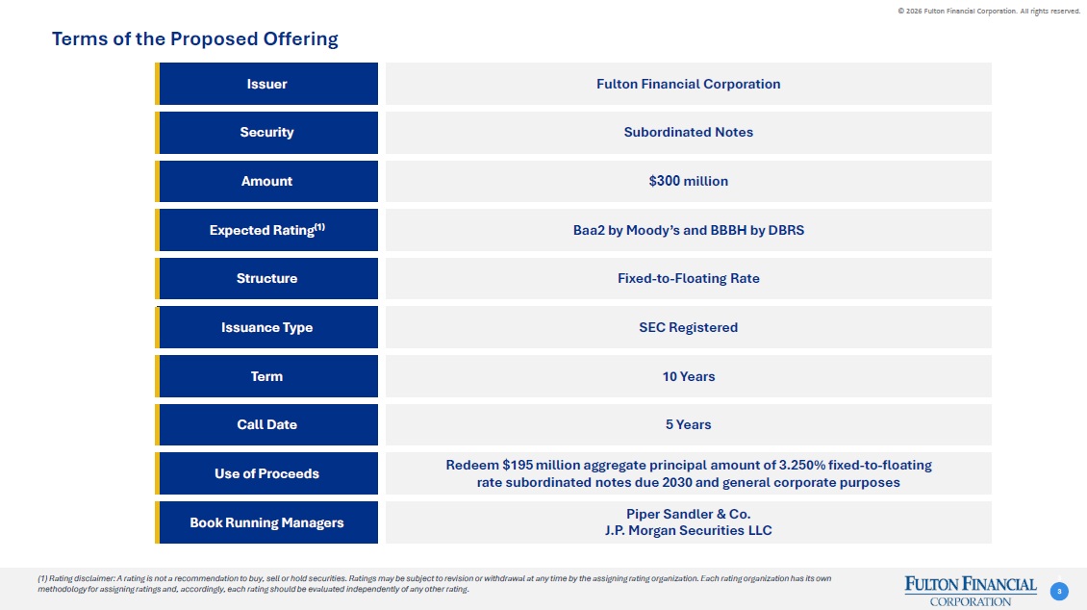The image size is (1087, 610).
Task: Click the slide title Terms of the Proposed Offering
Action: (x=195, y=38)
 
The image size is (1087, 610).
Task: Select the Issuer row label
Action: (x=266, y=84)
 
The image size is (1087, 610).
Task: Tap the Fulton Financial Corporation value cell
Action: (x=689, y=84)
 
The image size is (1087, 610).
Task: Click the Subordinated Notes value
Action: (x=689, y=133)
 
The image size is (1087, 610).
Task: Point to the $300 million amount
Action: (x=689, y=181)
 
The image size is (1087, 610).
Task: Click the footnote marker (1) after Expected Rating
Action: (x=319, y=227)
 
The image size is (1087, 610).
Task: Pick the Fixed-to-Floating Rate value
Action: (x=689, y=279)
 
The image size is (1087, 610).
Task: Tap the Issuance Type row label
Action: (x=266, y=327)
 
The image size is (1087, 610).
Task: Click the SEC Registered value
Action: (x=689, y=327)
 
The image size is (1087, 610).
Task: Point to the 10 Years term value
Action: (x=689, y=376)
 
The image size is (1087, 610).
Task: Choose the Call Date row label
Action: (x=266, y=425)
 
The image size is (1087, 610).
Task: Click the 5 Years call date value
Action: (x=689, y=425)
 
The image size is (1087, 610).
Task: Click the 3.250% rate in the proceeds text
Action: (x=802, y=465)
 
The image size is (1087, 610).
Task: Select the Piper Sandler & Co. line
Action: (x=689, y=515)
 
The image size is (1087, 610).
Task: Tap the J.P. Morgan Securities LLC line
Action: (x=689, y=531)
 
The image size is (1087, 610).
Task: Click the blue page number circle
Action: (x=1059, y=592)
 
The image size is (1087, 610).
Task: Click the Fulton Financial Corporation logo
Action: (x=971, y=592)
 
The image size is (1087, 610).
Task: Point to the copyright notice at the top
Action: (x=989, y=12)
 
